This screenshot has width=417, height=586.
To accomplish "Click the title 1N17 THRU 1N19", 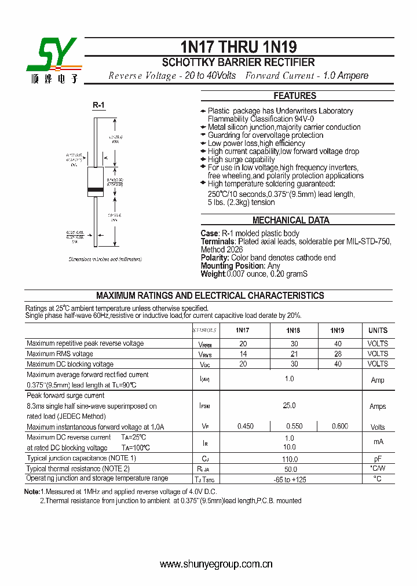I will click(x=238, y=47).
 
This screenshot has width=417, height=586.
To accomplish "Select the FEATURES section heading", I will click(x=295, y=96).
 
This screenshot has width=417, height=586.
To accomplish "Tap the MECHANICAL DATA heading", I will click(x=291, y=220).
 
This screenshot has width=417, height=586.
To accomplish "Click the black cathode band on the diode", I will click(x=96, y=189).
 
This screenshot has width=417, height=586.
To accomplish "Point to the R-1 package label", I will click(x=98, y=105).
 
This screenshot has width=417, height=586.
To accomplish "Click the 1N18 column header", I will click(x=293, y=331).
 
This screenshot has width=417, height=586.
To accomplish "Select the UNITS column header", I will click(x=378, y=331).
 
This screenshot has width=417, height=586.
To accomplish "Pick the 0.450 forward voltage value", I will click(x=245, y=427).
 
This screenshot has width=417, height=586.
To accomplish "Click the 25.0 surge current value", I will click(x=289, y=406).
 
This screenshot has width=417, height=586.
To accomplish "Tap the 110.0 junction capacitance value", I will click(x=289, y=458).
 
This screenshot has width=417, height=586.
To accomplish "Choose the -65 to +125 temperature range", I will click(x=289, y=479).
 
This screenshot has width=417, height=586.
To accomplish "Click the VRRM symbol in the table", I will click(x=204, y=344).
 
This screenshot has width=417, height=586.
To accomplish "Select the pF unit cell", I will click(x=378, y=458).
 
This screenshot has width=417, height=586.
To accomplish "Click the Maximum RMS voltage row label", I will click(x=60, y=354).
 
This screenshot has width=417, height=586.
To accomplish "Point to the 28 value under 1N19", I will click(x=338, y=354).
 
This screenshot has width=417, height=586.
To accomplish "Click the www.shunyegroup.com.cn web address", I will click(x=215, y=564).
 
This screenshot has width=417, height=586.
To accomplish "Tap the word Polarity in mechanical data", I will click(x=214, y=258).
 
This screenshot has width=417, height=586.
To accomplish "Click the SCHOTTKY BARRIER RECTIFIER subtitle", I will click(x=238, y=63).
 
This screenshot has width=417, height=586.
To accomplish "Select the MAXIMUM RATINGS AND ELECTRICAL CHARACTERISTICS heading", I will click(x=210, y=295).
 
